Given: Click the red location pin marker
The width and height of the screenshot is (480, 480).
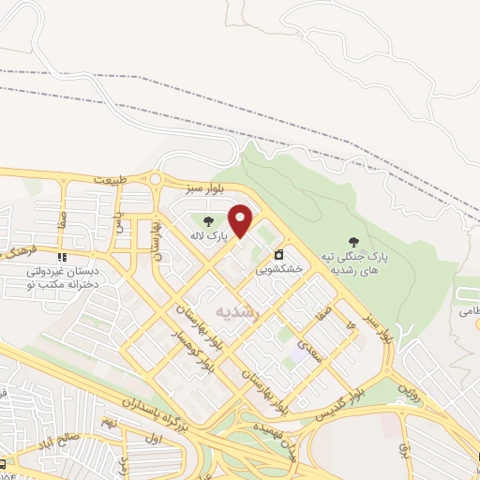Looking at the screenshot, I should (241, 220).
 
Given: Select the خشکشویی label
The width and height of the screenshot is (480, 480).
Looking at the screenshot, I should (280, 268).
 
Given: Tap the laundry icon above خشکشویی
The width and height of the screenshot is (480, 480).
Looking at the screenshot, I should (278, 254).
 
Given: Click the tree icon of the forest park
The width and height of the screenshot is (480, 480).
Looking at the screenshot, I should (353, 242).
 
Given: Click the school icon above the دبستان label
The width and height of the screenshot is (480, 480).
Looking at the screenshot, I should (63, 256).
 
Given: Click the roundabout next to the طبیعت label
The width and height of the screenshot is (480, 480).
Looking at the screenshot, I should (156, 180).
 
